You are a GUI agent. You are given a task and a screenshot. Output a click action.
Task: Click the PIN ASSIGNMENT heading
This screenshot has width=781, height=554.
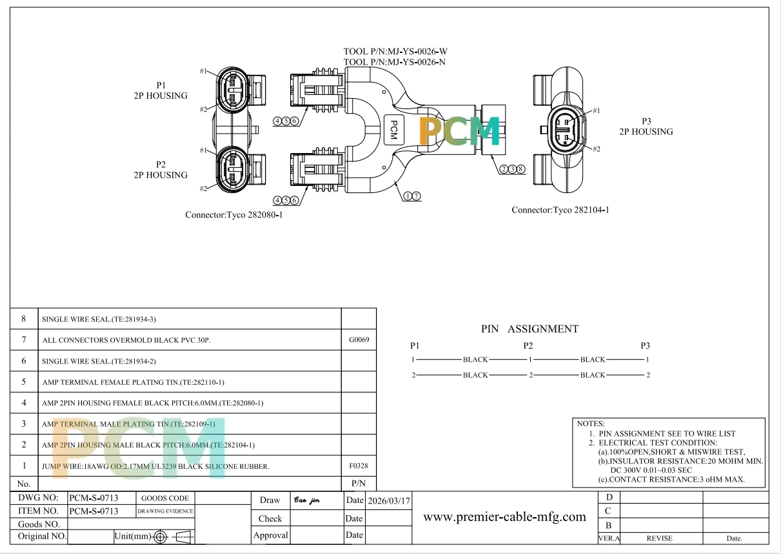529,329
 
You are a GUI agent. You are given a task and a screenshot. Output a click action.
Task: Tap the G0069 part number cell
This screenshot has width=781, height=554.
359,340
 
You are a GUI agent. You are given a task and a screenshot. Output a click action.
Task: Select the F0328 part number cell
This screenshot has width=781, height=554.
359,466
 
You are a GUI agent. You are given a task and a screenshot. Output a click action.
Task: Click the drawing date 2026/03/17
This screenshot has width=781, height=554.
389,501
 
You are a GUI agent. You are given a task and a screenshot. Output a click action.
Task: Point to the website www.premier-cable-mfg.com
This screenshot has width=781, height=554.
504,517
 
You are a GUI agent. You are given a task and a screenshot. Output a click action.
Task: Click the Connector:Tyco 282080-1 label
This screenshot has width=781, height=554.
234,214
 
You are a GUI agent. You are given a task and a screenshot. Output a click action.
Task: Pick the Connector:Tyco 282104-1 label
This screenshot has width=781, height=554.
560,210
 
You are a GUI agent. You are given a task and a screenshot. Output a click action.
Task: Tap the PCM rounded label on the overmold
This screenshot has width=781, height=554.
394,130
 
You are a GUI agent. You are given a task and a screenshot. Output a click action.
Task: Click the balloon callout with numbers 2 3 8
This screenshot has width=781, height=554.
512,169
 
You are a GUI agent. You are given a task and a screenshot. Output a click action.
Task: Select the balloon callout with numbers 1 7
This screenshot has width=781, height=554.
412,196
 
